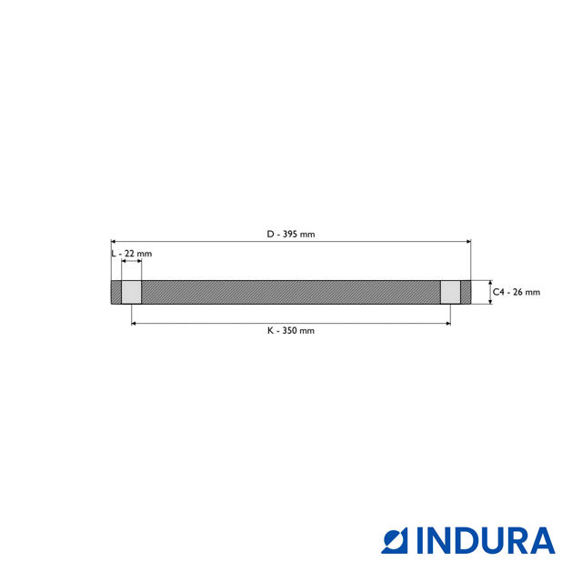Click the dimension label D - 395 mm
tap(291, 234)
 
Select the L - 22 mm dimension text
tap(132, 253)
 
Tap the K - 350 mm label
tap(291, 331)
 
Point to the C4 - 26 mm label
tap(517, 292)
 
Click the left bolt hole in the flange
tap(132, 292)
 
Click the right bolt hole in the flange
tap(450, 292)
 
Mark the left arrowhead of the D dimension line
tap(114, 242)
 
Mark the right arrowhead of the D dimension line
tap(468, 242)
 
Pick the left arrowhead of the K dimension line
tap(135, 323)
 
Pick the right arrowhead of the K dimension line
tap(447, 323)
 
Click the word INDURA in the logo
tap(486, 540)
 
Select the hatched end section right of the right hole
tap(466, 292)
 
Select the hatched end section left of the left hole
tap(116, 292)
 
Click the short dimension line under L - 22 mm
tap(132, 262)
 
